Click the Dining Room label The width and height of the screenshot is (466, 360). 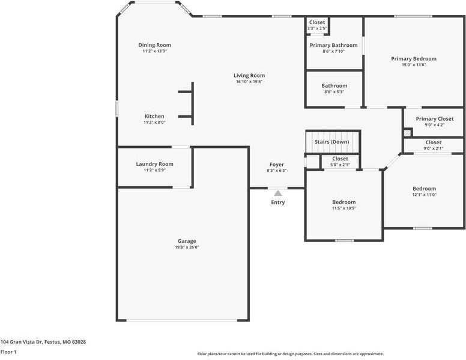[155, 45]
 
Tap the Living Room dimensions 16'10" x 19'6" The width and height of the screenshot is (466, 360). [249, 82]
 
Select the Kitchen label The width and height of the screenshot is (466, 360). [154, 117]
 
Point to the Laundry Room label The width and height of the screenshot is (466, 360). [154, 164]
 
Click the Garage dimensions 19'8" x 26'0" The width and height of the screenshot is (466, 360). [186, 247]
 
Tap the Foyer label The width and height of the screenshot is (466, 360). [276, 165]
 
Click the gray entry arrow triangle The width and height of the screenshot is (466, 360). [277, 193]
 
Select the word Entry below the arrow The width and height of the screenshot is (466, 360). [277, 203]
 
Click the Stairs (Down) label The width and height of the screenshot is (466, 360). [332, 142]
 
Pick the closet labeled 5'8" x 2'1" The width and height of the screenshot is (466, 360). [340, 165]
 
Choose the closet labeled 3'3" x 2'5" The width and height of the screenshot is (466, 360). [317, 28]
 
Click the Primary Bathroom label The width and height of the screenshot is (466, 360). [333, 45]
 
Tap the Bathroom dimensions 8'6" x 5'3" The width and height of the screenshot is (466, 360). [334, 92]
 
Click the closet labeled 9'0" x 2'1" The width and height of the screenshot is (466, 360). [433, 148]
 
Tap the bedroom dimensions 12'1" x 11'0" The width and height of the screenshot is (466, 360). [424, 195]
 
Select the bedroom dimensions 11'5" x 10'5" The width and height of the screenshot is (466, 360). [344, 208]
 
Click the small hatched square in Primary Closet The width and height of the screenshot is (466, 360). [407, 133]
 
